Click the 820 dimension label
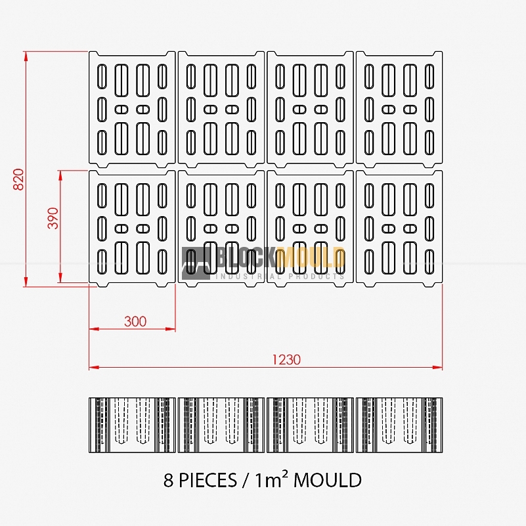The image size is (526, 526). point(19,179)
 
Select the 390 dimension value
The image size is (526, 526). point(53,218)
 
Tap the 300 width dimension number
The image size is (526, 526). point(135,321)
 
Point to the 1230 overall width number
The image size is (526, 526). point(286,360)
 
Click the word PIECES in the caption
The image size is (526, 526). point(208,481)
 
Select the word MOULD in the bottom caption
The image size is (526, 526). point(328,481)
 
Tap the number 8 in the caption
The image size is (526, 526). point(168,481)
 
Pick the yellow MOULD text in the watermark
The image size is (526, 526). point(311,257)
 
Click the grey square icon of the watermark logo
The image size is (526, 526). point(196,264)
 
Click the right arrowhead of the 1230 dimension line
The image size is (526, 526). point(438,367)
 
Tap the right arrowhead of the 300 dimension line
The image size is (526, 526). point(171,329)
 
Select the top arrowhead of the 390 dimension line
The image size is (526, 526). point(60,175)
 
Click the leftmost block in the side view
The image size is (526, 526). point(132,425)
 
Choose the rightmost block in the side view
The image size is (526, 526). point(399,425)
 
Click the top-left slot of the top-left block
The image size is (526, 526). point(102,77)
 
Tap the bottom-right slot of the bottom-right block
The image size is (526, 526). point(429,261)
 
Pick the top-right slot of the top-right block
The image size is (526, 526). point(429,77)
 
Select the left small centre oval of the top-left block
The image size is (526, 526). point(121,110)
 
